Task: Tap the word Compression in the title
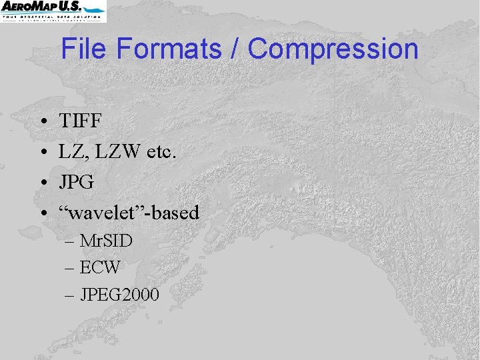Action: [x=333, y=49]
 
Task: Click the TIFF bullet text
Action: [x=80, y=121]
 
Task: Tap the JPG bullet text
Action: [x=76, y=182]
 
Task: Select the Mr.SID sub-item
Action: [x=106, y=240]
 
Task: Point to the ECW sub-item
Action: [x=100, y=267]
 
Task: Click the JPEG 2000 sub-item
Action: [x=119, y=294]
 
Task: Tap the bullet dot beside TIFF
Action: [x=42, y=122]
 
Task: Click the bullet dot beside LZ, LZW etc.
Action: [x=42, y=153]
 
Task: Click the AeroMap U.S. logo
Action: [x=53, y=11]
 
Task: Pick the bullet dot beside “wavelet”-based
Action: [x=42, y=214]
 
